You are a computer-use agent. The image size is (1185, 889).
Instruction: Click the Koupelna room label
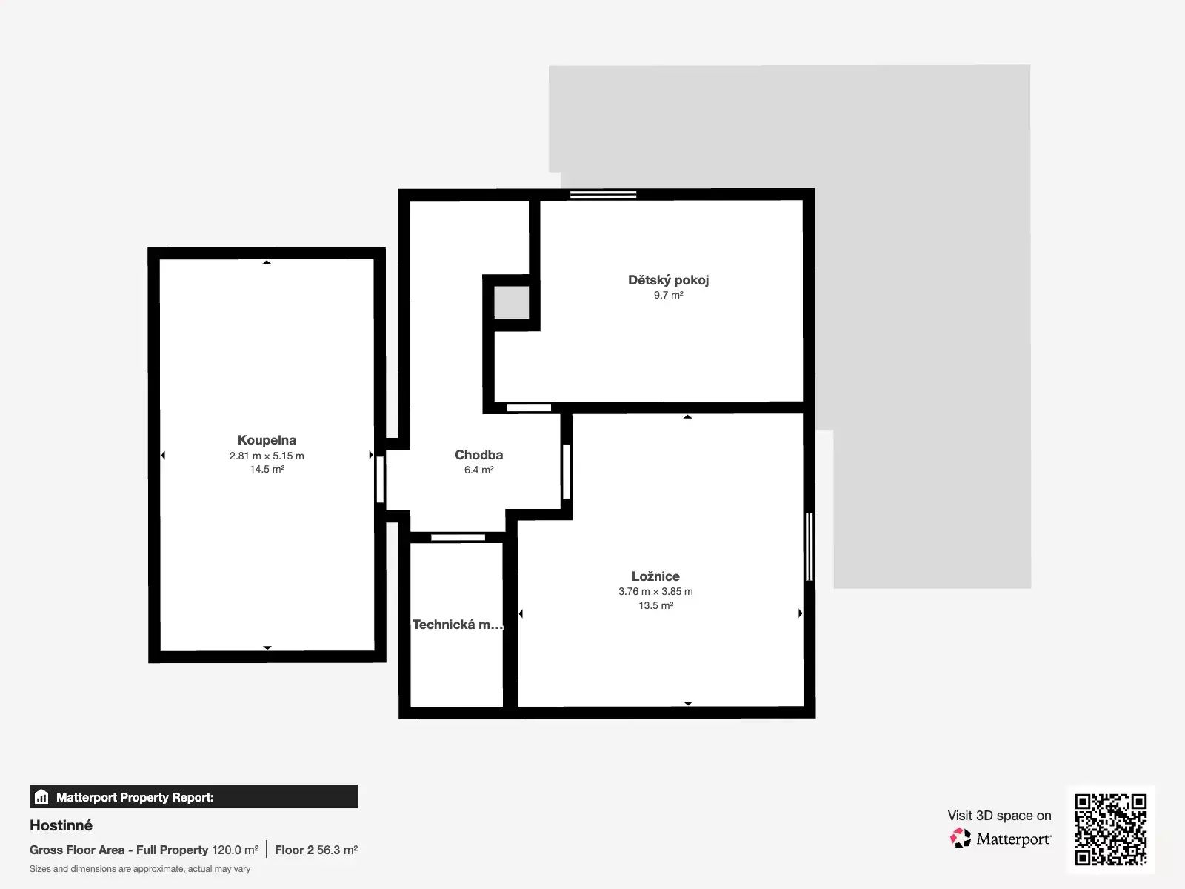267,440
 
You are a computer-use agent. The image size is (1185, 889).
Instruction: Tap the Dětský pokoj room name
668,279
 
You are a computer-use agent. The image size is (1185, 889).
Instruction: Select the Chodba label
479,454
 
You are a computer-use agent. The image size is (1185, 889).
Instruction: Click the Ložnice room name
655,576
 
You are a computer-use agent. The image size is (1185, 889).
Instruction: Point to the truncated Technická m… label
458,625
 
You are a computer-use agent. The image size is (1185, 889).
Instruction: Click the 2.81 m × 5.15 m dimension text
267,456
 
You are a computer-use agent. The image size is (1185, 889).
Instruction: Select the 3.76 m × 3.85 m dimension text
655,591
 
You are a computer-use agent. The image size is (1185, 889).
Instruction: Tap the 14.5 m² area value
267,469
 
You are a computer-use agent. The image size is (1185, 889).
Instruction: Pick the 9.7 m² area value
668,295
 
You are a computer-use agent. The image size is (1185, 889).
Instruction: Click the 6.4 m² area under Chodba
479,470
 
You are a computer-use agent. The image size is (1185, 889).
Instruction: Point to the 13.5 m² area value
655,605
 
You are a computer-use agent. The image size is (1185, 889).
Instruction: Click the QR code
1110,830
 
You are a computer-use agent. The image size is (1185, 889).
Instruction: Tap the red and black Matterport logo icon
961,839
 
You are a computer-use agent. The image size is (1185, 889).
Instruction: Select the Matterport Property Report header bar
193,796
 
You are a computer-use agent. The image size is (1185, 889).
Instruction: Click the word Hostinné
61,825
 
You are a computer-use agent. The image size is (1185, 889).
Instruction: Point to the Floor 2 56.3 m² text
316,850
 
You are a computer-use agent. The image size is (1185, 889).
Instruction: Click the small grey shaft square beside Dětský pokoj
511,302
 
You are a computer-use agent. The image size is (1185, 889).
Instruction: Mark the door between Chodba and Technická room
458,537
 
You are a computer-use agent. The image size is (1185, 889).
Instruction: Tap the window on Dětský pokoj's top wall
603,194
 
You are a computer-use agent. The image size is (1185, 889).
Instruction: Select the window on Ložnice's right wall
809,546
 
